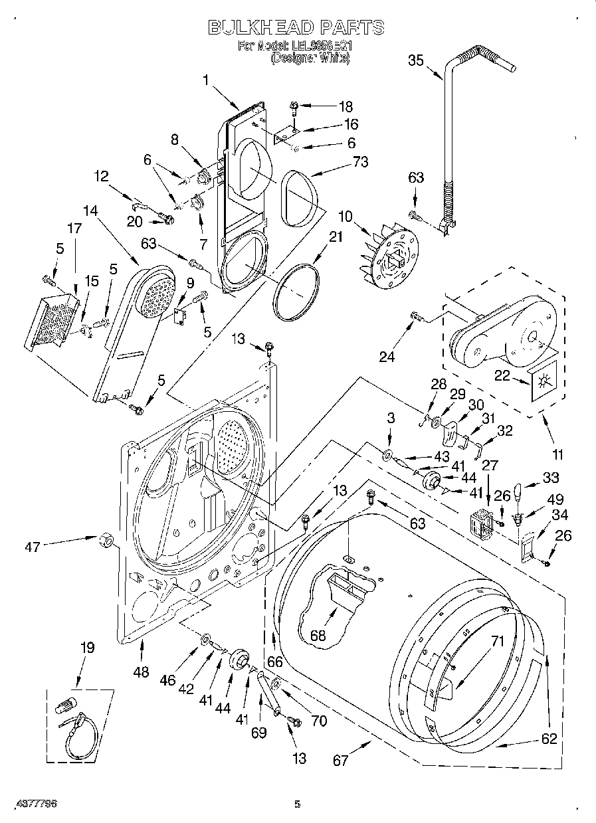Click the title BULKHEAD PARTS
(x=296, y=27)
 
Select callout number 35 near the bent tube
(x=415, y=60)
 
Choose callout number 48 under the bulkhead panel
(x=140, y=672)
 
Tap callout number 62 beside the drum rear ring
(x=548, y=738)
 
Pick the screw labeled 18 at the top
(x=294, y=106)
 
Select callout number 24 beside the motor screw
(x=387, y=357)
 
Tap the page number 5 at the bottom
(x=297, y=804)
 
